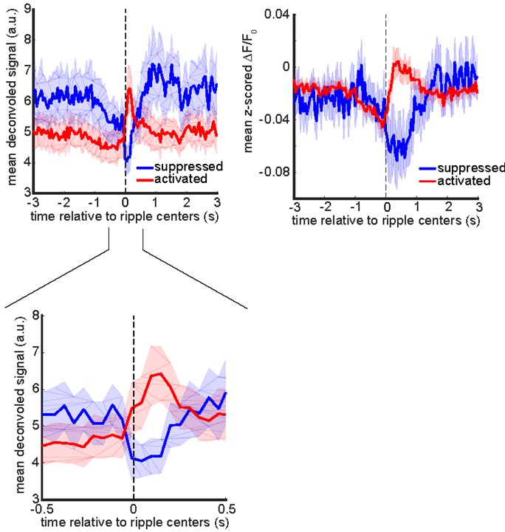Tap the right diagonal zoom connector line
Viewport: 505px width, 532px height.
point(193,277)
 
